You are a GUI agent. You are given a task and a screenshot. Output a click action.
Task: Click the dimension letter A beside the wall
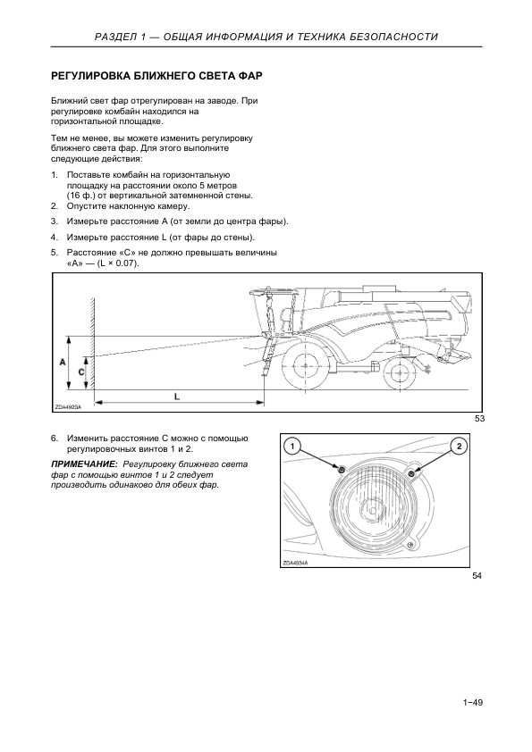[63, 363]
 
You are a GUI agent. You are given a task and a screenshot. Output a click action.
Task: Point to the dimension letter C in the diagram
[81, 372]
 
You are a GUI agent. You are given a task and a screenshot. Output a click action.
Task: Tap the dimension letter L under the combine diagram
[177, 397]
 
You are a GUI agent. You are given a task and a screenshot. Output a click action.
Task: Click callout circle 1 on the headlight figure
[291, 447]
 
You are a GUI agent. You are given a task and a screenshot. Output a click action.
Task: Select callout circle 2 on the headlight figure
[460, 447]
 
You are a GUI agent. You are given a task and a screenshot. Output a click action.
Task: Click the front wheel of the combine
[306, 365]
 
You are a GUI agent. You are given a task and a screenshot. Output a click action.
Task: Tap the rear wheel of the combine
[400, 373]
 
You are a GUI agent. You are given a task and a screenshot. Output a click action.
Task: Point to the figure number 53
[479, 419]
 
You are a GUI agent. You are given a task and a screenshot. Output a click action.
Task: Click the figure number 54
[477, 575]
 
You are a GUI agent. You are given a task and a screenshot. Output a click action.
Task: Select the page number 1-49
[473, 703]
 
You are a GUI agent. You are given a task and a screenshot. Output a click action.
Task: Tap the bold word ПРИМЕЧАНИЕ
[84, 464]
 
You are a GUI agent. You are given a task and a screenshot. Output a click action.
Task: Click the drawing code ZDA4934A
[295, 564]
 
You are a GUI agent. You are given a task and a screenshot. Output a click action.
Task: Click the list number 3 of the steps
[55, 221]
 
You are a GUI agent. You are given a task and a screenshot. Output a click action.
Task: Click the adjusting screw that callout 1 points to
[342, 469]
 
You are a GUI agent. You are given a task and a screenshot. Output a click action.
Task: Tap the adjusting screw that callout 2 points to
[411, 474]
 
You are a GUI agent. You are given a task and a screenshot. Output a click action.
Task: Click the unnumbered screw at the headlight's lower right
[410, 544]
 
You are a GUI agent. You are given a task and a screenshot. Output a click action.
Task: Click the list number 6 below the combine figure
[55, 439]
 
